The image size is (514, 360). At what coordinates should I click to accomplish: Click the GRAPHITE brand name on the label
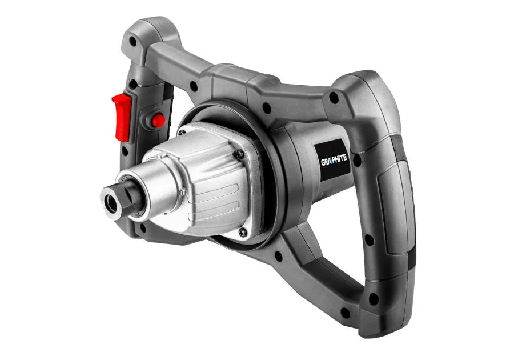(334, 160)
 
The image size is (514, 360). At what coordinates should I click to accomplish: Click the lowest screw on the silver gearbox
(242, 233)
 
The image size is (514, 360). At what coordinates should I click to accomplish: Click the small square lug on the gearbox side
(184, 191)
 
